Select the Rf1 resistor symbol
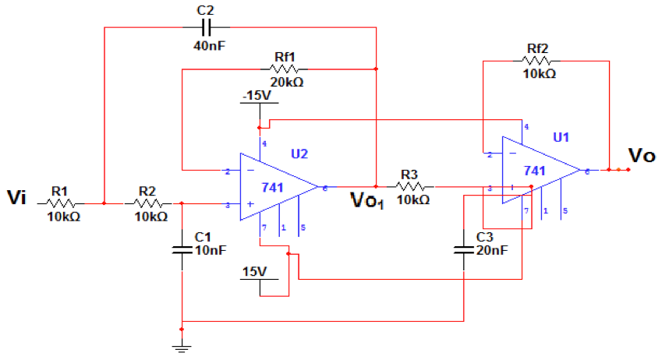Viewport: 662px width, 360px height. [285, 69]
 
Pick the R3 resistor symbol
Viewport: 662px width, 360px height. [410, 186]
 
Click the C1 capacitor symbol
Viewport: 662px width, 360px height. [182, 250]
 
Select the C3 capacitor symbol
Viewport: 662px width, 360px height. [464, 250]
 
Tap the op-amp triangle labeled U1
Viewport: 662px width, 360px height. [538, 170]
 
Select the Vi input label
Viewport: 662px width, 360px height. [17, 197]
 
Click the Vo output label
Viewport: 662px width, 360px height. [642, 157]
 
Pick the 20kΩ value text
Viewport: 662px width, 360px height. [286, 83]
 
